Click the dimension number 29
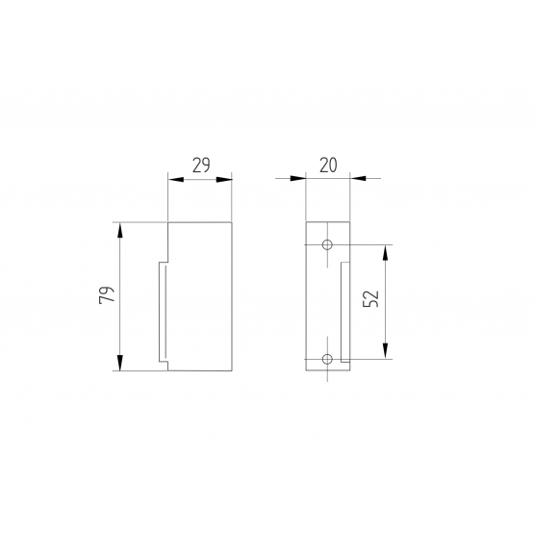tap(201, 165)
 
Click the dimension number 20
tap(328, 165)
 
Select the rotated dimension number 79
tap(107, 295)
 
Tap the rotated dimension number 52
tap(371, 298)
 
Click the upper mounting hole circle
tap(327, 244)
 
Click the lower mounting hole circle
tap(327, 359)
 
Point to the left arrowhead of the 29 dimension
tap(176, 180)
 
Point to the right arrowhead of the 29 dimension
tap(224, 180)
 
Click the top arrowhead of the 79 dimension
tap(119, 230)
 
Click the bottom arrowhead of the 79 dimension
tap(119, 363)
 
